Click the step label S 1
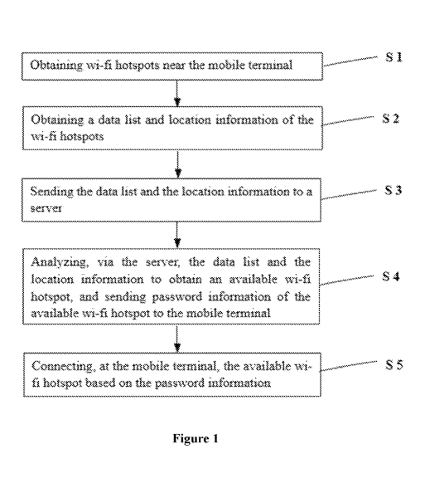[x=394, y=57]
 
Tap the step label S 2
[x=391, y=118]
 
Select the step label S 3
[x=393, y=190]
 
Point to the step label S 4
[x=391, y=276]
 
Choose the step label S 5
[x=394, y=364]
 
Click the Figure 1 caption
[x=196, y=438]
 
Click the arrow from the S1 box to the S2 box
[x=177, y=93]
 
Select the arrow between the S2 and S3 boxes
[x=178, y=164]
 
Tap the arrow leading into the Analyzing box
[x=177, y=235]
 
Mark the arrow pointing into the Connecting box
[x=177, y=339]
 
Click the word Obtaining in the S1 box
[x=56, y=66]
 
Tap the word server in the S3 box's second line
[x=46, y=207]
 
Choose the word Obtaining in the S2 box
[x=57, y=120]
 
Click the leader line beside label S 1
[x=350, y=61]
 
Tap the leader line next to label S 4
[x=346, y=281]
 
